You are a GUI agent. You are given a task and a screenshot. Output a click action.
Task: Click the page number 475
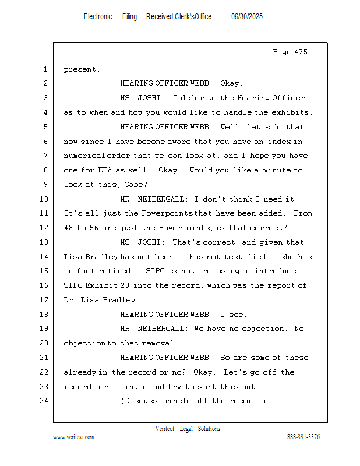(300, 52)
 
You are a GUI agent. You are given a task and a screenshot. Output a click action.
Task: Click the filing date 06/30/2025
(247, 17)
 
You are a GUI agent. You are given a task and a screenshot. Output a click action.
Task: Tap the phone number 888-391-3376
(303, 437)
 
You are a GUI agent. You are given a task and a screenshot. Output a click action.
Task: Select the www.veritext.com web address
(73, 437)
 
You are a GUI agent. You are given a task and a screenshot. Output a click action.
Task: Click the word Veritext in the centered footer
(165, 429)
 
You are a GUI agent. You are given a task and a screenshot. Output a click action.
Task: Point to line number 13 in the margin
(45, 242)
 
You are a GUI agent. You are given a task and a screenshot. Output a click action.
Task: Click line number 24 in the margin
(45, 401)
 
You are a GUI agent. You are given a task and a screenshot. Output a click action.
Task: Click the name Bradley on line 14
(103, 257)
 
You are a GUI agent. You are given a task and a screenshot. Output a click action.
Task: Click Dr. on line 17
(71, 300)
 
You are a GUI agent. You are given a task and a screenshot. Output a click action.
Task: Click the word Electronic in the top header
(98, 17)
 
